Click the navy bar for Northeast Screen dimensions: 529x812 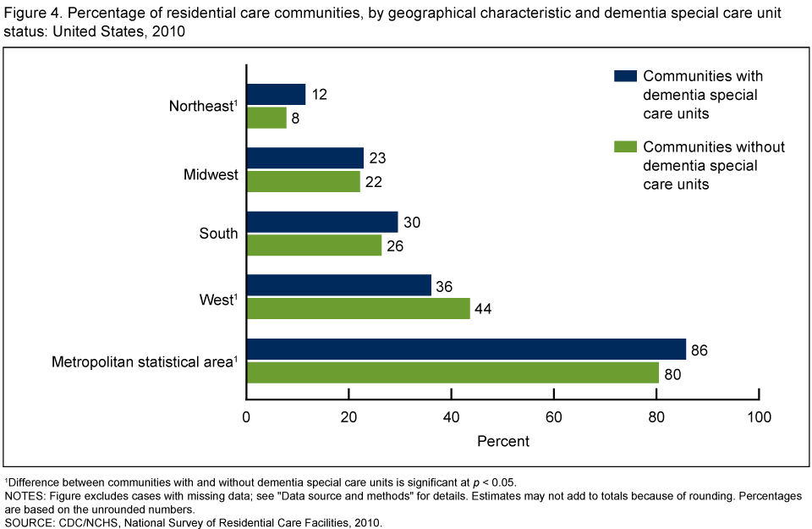tap(276, 94)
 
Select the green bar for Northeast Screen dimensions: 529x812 tap(266, 118)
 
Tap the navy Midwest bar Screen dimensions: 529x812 tap(304, 158)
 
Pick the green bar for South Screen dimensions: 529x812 tap(314, 245)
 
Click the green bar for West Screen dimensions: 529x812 tap(358, 308)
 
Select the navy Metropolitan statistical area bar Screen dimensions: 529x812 tap(466, 349)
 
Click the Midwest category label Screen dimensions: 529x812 tap(211, 175)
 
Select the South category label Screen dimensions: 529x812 tap(218, 234)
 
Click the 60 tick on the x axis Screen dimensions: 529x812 tap(554, 416)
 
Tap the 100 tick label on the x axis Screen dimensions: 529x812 tap(759, 416)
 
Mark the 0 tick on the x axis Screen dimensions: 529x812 tap(246, 416)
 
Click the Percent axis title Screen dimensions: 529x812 tap(502, 441)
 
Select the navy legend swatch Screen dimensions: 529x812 tap(625, 76)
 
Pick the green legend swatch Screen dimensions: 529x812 tap(625, 147)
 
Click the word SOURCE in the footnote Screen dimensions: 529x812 tap(31, 522)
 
